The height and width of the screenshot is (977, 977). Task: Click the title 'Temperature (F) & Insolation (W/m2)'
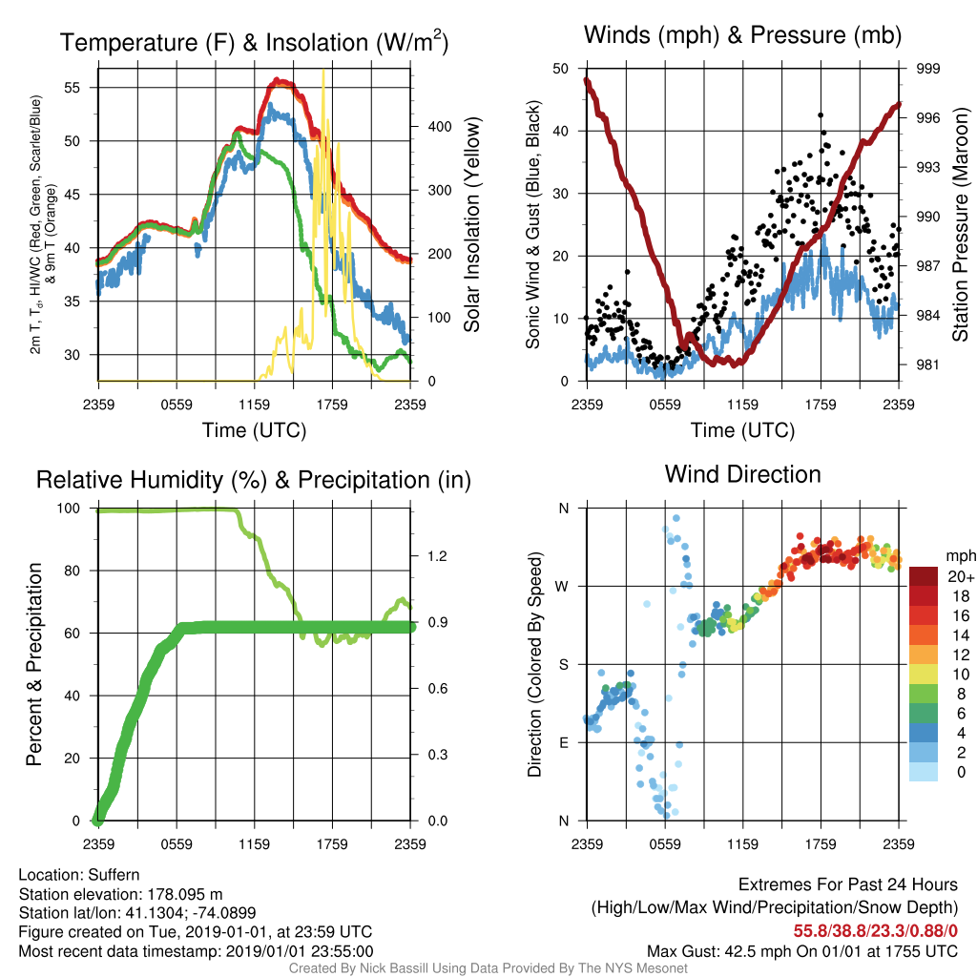tap(254, 42)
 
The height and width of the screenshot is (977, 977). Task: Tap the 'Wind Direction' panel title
tap(742, 474)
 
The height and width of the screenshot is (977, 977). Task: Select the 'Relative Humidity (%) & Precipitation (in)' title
tap(254, 481)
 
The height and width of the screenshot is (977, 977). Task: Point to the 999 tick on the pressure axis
tap(927, 69)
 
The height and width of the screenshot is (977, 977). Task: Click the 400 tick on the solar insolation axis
tap(439, 127)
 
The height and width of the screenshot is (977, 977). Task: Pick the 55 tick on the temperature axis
tap(73, 88)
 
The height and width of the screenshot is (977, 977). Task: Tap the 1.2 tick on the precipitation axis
tap(437, 556)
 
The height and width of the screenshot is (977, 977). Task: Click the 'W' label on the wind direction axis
tap(562, 587)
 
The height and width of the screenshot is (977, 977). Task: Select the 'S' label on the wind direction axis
tap(563, 664)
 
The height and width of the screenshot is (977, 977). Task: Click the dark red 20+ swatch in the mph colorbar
tap(924, 576)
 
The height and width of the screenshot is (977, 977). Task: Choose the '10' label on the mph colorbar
tap(962, 675)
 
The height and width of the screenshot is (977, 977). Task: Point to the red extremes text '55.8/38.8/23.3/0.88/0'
tap(876, 931)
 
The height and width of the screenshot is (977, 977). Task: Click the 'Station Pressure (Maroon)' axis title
tap(960, 224)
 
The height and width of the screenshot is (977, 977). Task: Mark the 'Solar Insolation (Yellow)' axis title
tap(472, 224)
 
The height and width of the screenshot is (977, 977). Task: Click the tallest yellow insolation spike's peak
tap(322, 71)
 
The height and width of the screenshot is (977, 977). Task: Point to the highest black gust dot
tap(821, 115)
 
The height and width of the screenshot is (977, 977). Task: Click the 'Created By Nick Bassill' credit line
tap(488, 968)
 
